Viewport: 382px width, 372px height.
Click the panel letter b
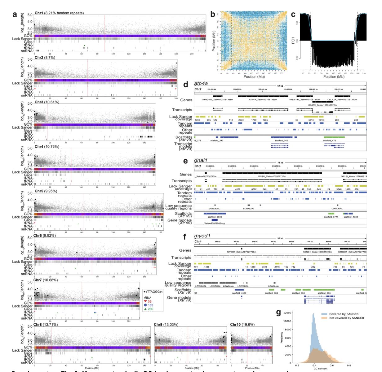[213, 14]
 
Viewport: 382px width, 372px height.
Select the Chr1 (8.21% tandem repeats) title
[59, 13]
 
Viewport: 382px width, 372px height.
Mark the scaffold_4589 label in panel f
[241, 293]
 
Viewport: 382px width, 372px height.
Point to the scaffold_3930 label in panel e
[214, 217]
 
